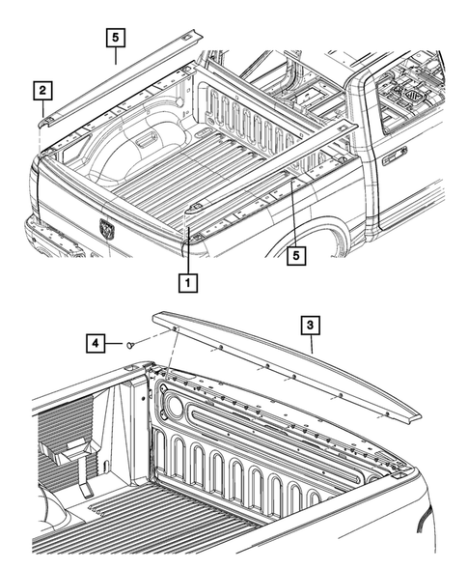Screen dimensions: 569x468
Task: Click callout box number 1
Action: point(187,283)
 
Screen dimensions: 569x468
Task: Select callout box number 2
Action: point(42,92)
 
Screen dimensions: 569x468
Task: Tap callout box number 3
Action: point(309,327)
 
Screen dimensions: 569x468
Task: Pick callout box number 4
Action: point(96,342)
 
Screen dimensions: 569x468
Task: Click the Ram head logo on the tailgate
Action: point(105,229)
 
